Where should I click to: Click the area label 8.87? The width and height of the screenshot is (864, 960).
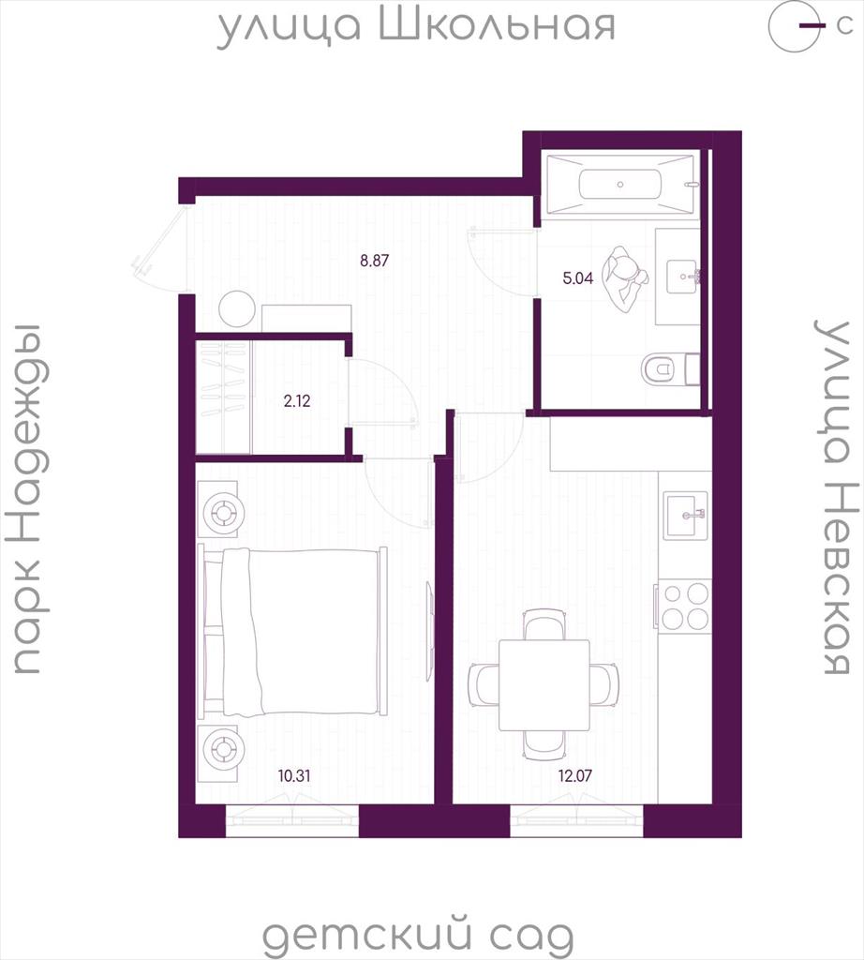(x=375, y=261)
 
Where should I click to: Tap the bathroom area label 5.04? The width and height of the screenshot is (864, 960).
(x=577, y=278)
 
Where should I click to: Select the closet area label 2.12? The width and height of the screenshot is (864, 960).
(x=297, y=401)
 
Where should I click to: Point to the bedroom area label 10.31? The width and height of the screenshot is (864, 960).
(x=294, y=775)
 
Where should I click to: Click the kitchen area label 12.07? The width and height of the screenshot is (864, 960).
(x=575, y=775)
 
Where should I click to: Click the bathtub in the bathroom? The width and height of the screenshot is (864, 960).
(x=620, y=185)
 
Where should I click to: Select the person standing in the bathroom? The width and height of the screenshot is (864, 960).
(x=624, y=279)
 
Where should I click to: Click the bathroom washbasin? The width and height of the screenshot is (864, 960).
(x=683, y=277)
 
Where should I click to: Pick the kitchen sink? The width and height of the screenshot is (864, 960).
(x=686, y=515)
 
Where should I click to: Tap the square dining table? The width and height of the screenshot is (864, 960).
(x=544, y=685)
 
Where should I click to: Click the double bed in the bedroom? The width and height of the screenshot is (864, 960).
(x=293, y=631)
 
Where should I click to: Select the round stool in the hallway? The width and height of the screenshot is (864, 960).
(x=237, y=309)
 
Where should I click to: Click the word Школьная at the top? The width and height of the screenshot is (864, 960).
(x=497, y=25)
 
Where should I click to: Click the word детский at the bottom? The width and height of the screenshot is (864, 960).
(x=366, y=935)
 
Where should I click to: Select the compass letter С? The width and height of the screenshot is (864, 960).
(x=844, y=26)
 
